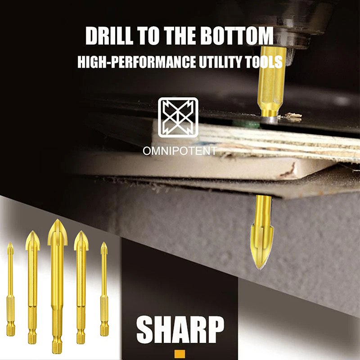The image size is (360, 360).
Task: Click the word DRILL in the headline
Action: [109, 36]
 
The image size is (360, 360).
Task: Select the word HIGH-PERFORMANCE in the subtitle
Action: [137, 62]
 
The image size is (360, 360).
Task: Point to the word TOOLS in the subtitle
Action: [264, 62]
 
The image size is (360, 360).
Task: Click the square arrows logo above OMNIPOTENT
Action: [178, 117]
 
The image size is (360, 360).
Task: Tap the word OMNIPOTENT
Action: [180, 151]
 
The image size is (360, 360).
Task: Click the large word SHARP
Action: [180, 329]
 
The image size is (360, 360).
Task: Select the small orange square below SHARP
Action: [180, 354]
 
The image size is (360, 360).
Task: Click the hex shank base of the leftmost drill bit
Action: [10, 328]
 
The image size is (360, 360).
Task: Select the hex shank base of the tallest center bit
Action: [57, 344]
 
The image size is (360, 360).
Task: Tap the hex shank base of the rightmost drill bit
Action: [104, 328]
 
